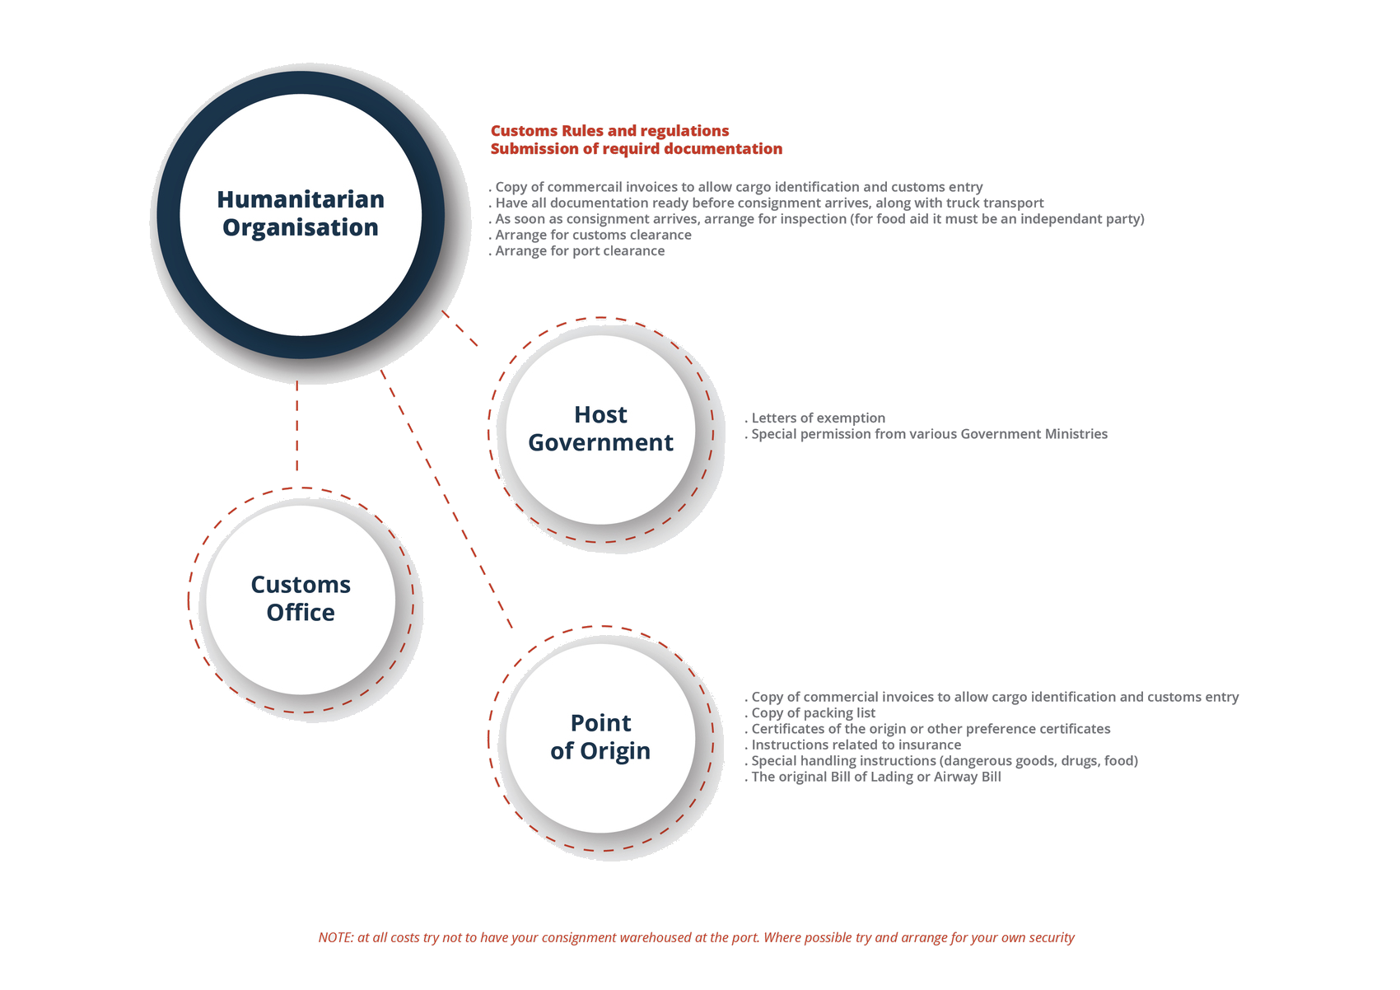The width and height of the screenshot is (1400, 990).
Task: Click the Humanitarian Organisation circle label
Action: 301,213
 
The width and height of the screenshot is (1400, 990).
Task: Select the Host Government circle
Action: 600,428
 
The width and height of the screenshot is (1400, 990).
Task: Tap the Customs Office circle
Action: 301,599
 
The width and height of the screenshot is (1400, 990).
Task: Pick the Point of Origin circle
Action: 600,737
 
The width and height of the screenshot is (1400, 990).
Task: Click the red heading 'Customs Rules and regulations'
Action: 609,131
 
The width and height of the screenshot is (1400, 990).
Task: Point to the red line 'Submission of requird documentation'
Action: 636,149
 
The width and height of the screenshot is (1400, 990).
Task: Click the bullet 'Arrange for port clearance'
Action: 578,251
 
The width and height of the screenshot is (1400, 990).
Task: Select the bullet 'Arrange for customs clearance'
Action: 591,235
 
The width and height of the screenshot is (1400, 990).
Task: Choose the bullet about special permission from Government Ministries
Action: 927,434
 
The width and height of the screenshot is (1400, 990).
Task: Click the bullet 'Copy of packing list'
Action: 812,713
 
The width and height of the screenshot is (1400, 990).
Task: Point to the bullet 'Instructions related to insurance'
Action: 855,745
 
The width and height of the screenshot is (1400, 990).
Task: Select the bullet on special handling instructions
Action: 943,761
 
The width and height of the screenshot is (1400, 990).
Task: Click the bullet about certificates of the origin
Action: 929,729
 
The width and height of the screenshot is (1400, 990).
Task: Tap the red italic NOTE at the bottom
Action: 696,937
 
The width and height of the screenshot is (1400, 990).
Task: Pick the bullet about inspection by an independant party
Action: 818,219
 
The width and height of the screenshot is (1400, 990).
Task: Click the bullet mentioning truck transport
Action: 768,203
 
